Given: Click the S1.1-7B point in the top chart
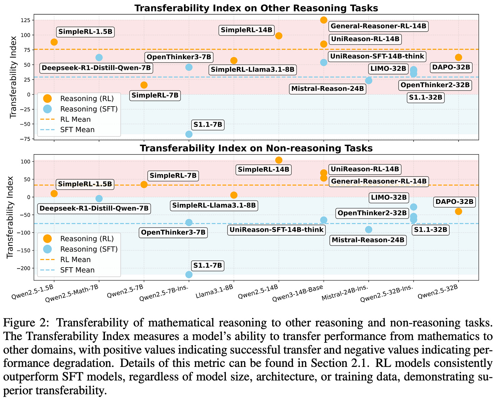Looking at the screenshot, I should [189, 134].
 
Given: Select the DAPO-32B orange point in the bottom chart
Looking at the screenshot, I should [458, 211].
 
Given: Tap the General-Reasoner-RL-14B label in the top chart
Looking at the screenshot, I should [378, 26].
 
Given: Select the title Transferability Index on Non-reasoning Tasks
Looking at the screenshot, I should [256, 148].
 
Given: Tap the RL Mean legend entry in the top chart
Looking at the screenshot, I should [75, 119].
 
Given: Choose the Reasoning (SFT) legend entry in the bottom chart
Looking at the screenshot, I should [89, 249].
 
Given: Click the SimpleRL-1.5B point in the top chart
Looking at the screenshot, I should [54, 42].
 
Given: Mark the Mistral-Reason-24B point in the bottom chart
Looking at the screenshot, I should [368, 229].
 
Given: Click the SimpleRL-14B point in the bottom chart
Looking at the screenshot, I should [279, 160].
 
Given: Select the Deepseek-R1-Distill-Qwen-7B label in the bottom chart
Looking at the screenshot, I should [93, 208].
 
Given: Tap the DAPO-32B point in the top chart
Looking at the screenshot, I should [458, 57].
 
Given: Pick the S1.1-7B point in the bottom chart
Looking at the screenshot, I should [189, 274].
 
